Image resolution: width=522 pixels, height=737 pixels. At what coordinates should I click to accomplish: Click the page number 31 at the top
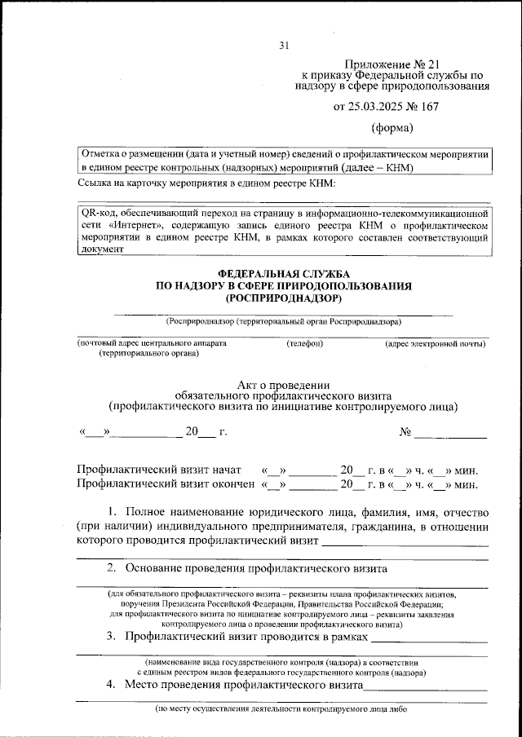[x=284, y=45]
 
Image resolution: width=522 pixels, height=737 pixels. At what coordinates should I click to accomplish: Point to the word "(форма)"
[x=392, y=127]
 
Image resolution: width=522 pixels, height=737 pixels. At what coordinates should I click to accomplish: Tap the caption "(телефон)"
[x=304, y=343]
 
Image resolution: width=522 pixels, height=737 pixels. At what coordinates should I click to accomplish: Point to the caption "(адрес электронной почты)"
[x=436, y=343]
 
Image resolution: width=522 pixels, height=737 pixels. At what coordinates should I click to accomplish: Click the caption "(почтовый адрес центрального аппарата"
[x=152, y=343]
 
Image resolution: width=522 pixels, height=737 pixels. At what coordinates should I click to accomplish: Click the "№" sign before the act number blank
[x=405, y=432]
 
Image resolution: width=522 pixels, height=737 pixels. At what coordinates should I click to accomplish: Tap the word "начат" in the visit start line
[x=223, y=470]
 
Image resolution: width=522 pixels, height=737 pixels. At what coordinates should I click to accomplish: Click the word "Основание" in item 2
[x=153, y=567]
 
